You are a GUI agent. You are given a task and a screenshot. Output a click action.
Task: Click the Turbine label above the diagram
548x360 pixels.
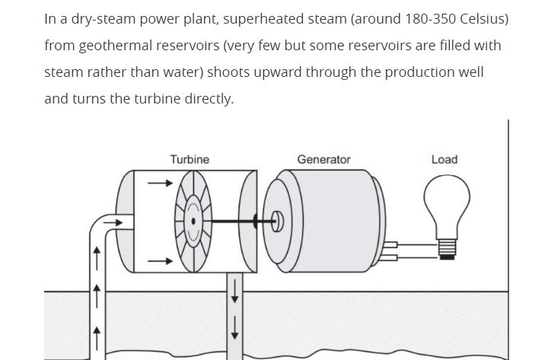190,159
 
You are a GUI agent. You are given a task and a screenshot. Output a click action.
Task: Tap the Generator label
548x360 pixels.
323,159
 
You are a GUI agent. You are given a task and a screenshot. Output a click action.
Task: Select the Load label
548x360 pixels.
444,159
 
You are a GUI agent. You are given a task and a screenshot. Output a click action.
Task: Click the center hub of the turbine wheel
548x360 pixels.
195,221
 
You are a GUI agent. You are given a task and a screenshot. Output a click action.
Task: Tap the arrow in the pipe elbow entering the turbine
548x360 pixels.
112,222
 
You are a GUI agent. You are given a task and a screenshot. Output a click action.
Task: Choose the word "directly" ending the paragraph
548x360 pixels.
209,100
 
